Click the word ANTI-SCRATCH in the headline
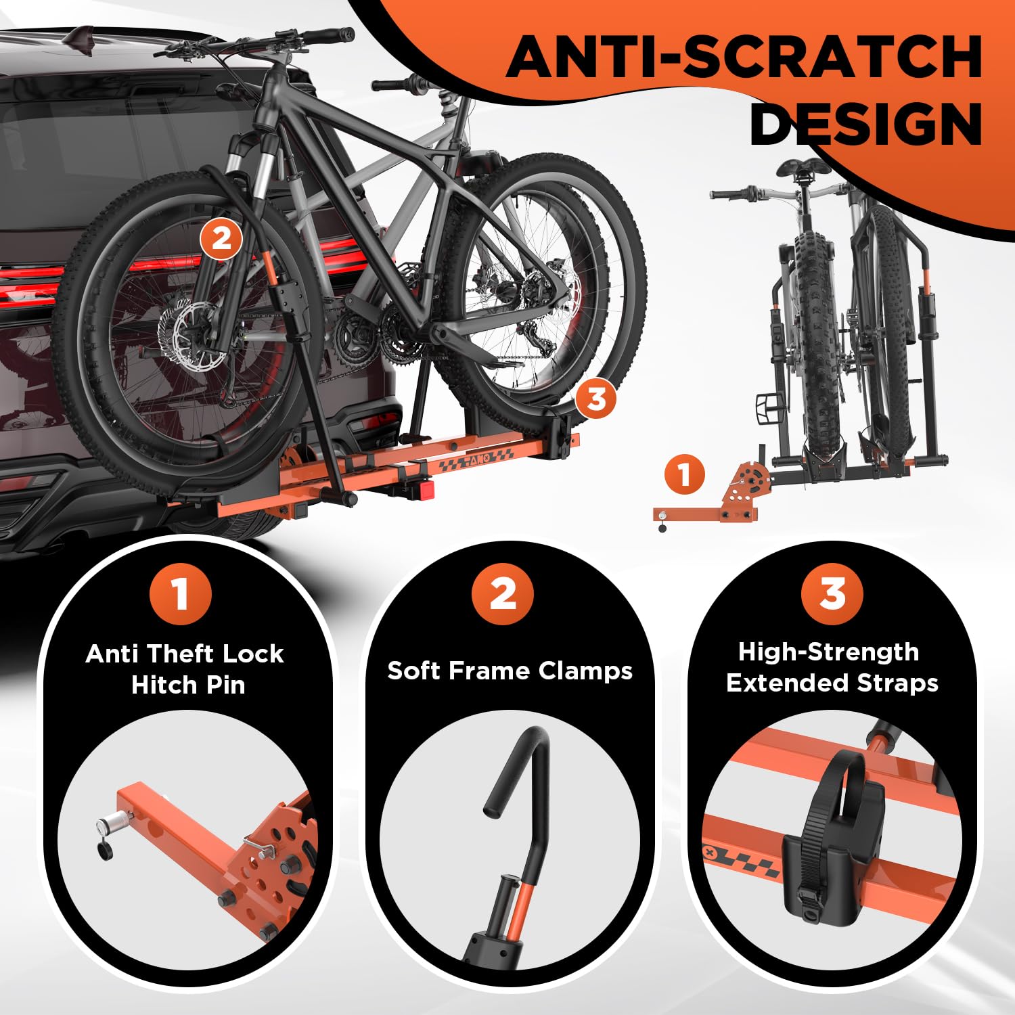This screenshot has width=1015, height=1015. (744, 57)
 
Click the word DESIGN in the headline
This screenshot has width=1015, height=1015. (866, 124)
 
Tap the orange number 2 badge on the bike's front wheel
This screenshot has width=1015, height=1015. (221, 239)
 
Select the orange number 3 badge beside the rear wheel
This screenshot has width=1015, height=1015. (596, 399)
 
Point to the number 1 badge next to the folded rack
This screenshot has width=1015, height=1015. (684, 474)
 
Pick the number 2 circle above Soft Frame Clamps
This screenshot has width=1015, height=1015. (503, 593)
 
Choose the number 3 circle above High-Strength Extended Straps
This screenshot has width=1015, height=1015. (832, 593)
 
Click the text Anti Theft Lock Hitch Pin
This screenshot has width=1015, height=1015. (185, 669)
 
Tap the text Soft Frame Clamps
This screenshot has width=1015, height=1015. (510, 671)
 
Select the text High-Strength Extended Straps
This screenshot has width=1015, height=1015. (832, 667)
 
